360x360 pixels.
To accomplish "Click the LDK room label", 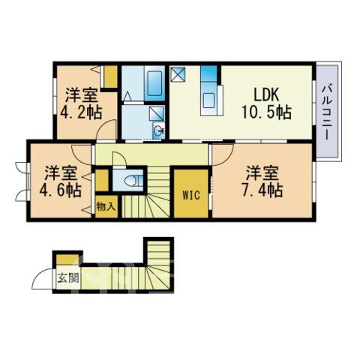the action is [x=266, y=94].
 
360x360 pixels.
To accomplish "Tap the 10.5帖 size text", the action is [x=266, y=112].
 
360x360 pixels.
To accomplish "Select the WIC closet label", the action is [x=191, y=195].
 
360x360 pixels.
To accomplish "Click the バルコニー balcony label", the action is [x=326, y=112].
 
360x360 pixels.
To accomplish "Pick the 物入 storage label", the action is [x=106, y=206].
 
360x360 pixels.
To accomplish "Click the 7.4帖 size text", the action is [x=262, y=190].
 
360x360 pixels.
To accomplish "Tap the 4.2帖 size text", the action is [x=81, y=112].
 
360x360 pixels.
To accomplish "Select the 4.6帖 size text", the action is [x=61, y=190].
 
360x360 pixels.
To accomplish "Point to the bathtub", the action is [x=154, y=83].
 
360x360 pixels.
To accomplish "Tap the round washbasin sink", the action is [x=159, y=130].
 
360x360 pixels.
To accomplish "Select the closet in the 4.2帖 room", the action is [x=110, y=76].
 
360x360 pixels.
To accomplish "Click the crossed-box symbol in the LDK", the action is [x=178, y=73].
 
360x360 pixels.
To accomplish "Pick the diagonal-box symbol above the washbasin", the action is [x=157, y=113].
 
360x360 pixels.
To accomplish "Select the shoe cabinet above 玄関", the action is [x=67, y=259].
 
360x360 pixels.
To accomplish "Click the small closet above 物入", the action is [x=102, y=180].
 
